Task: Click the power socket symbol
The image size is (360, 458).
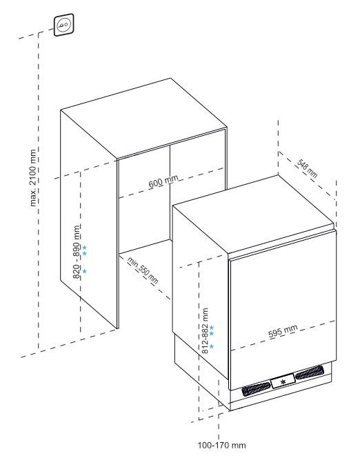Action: [64, 25]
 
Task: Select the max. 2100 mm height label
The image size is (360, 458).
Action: [33, 178]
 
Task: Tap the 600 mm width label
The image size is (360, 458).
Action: [163, 181]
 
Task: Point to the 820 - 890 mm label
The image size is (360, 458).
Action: [76, 252]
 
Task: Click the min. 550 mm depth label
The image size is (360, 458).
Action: [143, 270]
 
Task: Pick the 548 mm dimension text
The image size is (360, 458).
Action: [307, 168]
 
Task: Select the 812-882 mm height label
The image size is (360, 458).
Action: [206, 330]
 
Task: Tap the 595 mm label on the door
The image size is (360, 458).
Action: [283, 331]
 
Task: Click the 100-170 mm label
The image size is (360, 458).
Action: [221, 445]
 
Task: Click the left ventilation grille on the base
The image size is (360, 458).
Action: [256, 389]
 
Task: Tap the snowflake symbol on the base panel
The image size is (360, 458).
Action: [282, 381]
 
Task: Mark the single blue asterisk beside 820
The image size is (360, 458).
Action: [84, 271]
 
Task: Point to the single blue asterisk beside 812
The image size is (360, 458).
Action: [212, 346]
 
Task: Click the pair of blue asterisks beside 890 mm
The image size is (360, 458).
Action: [84, 250]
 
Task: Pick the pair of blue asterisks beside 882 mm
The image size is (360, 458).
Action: [212, 330]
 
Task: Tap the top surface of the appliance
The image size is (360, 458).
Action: [253, 215]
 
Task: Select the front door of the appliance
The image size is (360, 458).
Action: [283, 310]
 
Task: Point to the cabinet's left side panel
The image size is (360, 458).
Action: [89, 219]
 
